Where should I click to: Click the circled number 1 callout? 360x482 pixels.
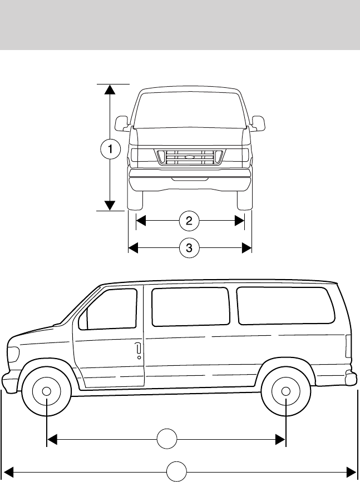[x=111, y=148]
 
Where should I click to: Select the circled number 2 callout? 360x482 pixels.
[x=189, y=221]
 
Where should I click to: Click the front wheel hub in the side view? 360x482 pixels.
[x=47, y=391]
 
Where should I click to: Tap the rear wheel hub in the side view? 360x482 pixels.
[x=285, y=391]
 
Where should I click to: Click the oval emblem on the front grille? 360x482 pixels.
[x=190, y=158]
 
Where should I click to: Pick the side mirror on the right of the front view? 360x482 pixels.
[x=258, y=122]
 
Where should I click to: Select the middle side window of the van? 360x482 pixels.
[x=190, y=306]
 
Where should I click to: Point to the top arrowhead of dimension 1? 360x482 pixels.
[x=111, y=88]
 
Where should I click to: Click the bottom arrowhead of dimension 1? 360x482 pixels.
[x=111, y=206]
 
